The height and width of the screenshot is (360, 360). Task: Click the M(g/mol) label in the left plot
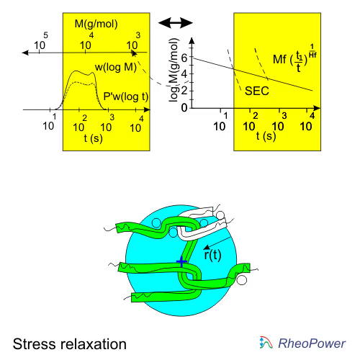click(96, 24)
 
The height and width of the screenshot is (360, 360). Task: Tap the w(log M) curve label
click(116, 67)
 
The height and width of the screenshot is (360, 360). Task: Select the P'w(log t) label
click(126, 96)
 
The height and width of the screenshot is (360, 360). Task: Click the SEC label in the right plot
click(257, 91)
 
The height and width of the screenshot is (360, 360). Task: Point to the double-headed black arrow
click(176, 23)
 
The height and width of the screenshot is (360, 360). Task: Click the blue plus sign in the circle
click(181, 261)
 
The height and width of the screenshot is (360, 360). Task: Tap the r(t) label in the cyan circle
click(212, 255)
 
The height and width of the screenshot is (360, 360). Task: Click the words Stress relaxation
click(70, 344)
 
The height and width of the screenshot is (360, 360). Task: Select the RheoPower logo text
click(312, 343)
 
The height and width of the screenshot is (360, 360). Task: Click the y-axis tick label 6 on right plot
click(184, 58)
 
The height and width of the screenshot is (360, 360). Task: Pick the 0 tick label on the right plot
click(184, 108)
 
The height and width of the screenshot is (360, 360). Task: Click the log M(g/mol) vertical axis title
click(174, 70)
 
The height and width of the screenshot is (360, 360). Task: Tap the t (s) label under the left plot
click(94, 138)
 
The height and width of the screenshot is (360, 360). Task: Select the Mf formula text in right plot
click(294, 58)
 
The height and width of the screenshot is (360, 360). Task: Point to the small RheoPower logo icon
click(266, 343)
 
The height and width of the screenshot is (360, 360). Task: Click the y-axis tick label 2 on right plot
click(184, 91)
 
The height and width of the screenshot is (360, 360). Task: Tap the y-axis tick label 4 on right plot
click(184, 74)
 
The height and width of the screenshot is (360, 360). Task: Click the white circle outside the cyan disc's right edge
click(242, 280)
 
